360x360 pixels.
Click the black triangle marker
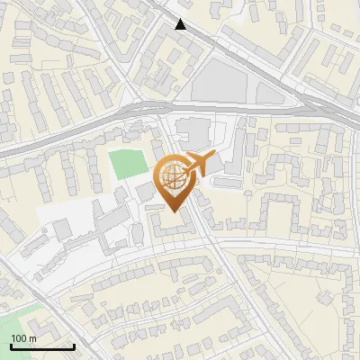tap(182, 24)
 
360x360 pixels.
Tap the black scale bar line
tap(41, 346)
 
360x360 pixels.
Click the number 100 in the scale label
tap(19, 338)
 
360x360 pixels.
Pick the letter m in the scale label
tap(32, 338)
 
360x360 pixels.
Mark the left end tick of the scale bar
tap(10, 345)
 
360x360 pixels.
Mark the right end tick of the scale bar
tap(74, 345)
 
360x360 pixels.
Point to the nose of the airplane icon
tap(213, 157)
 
